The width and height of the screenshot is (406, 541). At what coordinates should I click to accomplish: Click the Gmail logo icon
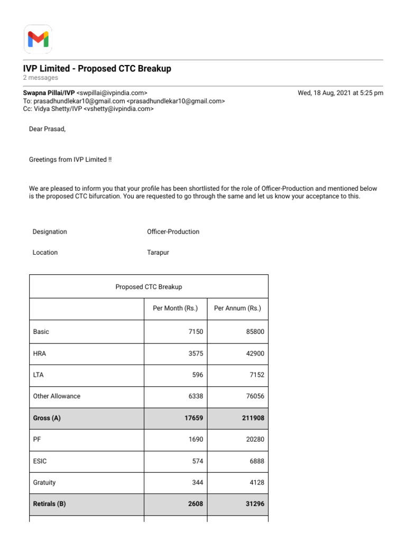38,39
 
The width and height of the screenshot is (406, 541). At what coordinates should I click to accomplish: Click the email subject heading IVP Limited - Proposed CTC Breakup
97,69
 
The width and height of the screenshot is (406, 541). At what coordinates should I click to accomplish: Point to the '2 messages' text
41,78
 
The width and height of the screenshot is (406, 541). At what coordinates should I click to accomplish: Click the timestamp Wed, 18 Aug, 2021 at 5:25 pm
340,92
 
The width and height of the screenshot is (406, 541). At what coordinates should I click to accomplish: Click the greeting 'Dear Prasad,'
47,129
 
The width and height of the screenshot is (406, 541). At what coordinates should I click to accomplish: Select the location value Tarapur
158,253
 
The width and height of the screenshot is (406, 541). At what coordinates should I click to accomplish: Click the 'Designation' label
50,232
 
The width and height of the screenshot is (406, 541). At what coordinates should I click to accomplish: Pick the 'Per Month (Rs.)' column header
175,309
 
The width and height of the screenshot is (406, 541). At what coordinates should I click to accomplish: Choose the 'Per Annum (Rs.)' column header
237,309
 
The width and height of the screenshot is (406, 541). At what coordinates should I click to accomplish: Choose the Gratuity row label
44,482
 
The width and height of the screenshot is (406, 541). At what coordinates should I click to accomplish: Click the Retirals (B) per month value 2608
195,504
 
